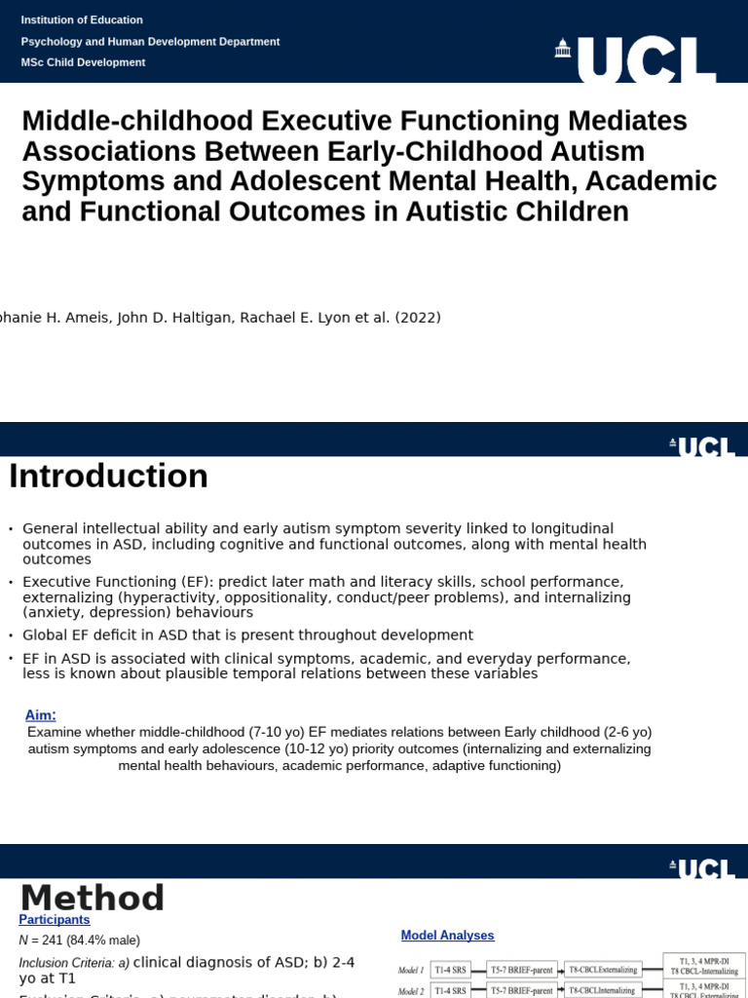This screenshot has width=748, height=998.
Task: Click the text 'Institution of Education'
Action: coord(82,19)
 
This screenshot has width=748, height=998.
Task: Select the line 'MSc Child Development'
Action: coord(83,62)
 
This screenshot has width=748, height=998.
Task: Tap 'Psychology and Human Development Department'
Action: coord(150,41)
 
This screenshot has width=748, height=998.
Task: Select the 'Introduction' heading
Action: coord(108,477)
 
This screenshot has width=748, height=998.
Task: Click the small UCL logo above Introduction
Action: coord(702,446)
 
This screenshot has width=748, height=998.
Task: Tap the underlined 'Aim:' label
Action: coord(40,714)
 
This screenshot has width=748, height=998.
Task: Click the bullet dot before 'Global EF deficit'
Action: coord(11,635)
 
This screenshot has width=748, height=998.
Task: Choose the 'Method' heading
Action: coord(93,898)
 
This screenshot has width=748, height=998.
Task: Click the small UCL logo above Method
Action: coord(702,868)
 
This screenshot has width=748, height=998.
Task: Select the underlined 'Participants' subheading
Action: coord(55,919)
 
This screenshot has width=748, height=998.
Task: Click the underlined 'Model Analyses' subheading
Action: coord(447,935)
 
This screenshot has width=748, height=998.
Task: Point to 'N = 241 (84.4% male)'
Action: coord(79,940)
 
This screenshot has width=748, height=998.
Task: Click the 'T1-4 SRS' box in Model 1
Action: coord(450,970)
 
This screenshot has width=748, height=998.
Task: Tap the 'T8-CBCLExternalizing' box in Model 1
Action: coord(603,970)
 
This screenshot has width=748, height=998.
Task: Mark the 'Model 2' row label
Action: coord(410,991)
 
